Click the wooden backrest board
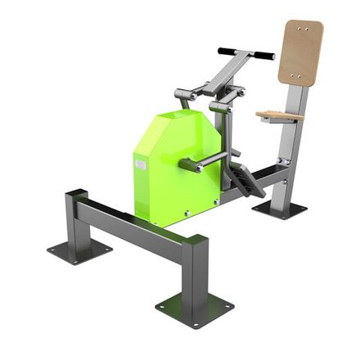click(x=300, y=52)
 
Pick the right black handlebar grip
click(x=263, y=56)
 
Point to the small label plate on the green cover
click(x=141, y=164)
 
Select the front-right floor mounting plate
click(x=194, y=308)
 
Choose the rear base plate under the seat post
click(x=280, y=209)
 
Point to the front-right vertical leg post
click(x=194, y=269)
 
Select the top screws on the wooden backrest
click(x=305, y=29)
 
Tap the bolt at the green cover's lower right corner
click(x=214, y=200)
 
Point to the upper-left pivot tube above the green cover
click(x=184, y=96)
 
